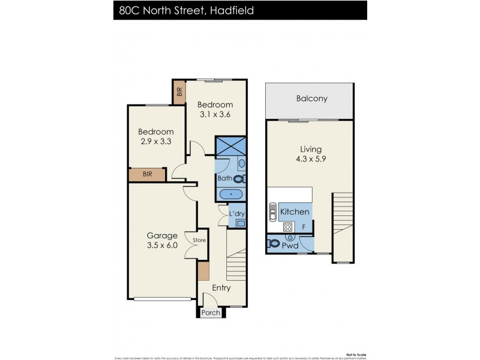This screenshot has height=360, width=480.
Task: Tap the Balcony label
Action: click(x=311, y=98)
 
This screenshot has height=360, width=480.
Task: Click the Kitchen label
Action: click(x=295, y=212)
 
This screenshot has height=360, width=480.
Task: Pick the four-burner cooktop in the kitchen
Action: click(x=287, y=227)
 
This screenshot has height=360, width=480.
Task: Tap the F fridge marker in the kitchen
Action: click(x=304, y=227)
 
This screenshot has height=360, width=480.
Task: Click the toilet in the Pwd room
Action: click(x=274, y=244)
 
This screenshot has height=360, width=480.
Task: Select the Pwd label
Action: click(x=292, y=245)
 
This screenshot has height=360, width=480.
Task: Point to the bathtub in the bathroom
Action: click(x=231, y=194)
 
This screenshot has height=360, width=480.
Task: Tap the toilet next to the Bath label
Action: click(x=239, y=179)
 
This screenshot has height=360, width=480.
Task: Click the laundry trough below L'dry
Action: click(x=241, y=223)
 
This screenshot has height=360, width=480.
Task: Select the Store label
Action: click(x=199, y=241)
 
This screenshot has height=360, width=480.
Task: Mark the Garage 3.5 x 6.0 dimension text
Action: click(x=162, y=241)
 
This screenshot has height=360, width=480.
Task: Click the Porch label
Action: click(x=210, y=313)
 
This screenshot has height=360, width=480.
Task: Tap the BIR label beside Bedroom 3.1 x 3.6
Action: click(x=179, y=93)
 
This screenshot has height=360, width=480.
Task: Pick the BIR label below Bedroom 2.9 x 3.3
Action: click(x=148, y=175)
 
